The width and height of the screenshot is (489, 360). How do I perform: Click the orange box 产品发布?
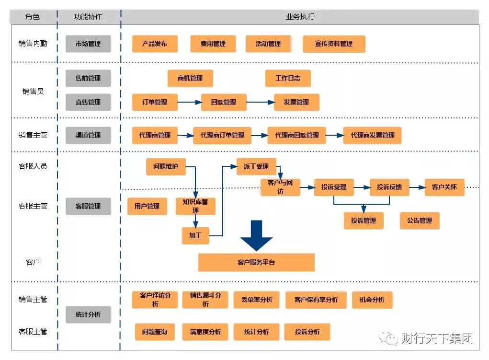(155, 44)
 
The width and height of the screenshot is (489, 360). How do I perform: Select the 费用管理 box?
(213, 44)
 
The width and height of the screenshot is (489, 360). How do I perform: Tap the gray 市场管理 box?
(88, 44)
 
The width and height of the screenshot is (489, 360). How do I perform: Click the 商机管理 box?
(190, 78)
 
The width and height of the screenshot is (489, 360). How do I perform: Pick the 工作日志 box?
(288, 78)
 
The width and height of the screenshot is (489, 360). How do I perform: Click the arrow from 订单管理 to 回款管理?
(190, 102)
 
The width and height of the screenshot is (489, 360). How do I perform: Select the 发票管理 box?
(296, 102)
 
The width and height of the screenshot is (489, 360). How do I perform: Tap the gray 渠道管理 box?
(88, 135)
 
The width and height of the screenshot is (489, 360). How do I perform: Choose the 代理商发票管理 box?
(372, 135)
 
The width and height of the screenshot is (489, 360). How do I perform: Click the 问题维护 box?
(166, 166)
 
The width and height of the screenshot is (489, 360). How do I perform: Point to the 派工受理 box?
(256, 166)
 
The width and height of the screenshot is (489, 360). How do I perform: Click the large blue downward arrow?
(257, 235)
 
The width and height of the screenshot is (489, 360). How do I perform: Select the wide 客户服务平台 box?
(256, 262)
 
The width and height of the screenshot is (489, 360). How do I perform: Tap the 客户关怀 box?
(444, 187)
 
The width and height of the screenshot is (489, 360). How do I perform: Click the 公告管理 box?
(420, 221)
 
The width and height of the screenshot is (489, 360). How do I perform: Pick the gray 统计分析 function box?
(88, 314)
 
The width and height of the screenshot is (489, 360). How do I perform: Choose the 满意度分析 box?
(205, 332)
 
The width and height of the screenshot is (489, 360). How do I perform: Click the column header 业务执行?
(300, 17)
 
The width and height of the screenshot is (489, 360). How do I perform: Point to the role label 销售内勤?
(33, 44)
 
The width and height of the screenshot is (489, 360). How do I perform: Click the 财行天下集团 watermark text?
(436, 338)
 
